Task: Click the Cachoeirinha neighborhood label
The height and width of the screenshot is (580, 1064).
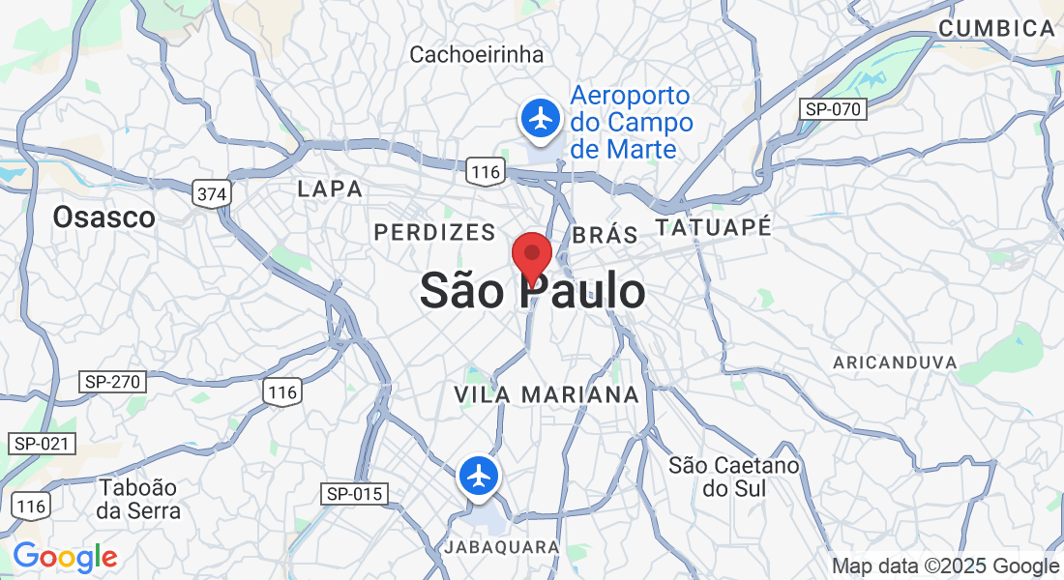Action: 476,54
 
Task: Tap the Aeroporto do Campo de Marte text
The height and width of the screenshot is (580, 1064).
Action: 631,123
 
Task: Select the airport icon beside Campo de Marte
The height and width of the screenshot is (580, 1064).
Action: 541,119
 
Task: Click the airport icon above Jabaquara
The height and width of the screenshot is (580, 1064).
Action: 479,476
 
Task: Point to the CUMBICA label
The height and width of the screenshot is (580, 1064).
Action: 997,29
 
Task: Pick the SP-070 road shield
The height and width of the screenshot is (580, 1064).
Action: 832,109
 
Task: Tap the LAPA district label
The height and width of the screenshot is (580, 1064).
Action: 331,188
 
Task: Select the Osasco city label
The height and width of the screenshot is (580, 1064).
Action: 103,217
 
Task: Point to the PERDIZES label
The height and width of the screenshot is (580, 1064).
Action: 434,232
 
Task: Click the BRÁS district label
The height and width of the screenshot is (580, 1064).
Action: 606,235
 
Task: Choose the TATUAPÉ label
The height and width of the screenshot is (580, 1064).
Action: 714,228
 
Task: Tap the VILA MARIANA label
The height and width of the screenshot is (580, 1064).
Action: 547,394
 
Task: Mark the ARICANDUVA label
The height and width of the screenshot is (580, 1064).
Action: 895,362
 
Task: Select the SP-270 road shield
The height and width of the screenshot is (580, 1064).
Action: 112,382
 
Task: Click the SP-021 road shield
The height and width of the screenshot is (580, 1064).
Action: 41,444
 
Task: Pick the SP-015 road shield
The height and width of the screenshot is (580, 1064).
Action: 355,494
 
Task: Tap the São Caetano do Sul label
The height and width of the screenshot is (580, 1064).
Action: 735,477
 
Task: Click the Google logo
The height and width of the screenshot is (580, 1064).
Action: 65,557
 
